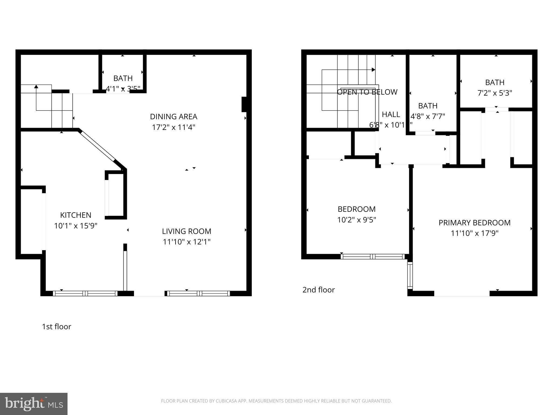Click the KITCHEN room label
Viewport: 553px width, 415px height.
coord(76,215)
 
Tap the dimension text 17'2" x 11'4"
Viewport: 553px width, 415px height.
coord(173,127)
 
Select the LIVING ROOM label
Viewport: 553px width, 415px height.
coord(187,231)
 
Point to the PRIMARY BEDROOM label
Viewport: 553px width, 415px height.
coord(474,223)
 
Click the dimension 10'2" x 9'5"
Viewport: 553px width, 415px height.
coord(356,220)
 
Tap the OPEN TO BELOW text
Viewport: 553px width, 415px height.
coord(367,92)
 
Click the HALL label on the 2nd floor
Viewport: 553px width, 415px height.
coord(391,115)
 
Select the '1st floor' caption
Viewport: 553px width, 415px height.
coord(56,327)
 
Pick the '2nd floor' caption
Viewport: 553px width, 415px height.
coord(318,290)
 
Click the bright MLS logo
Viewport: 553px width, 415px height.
coord(34,404)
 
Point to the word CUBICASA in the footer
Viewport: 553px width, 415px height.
coord(226,401)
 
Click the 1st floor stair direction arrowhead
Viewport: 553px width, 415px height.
coord(36,86)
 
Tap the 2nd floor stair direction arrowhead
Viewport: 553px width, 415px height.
coord(373,70)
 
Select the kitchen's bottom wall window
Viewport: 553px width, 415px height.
coord(85,293)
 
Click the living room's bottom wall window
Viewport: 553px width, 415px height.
coord(198,293)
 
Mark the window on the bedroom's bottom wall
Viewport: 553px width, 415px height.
coord(373,256)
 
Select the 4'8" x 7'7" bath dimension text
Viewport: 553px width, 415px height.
coord(428,116)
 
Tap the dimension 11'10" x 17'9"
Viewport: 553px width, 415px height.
coord(474,233)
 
